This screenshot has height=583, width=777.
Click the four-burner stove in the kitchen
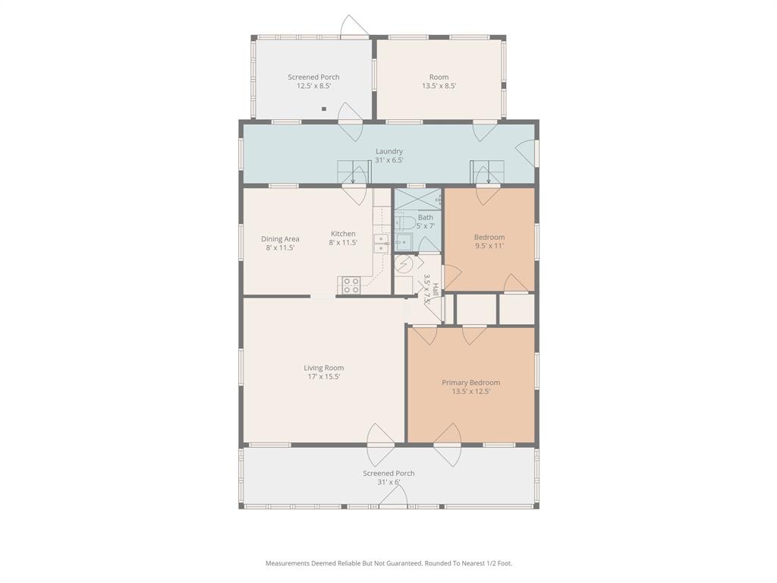pos(351,285)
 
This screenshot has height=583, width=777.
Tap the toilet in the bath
pos(404,222)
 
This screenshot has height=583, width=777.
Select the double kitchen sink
pos(380,244)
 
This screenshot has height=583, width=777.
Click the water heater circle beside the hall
pos(404,264)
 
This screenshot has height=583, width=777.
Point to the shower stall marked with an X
pos(417,200)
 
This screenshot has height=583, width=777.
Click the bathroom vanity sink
pos(402,243)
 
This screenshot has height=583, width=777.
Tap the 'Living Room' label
pos(324,368)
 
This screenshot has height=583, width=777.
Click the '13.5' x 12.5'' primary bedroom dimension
pos(471,392)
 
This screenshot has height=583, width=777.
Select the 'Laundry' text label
pos(388,151)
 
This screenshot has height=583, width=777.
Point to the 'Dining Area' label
pos(280,238)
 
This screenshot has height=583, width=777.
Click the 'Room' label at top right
pos(439,77)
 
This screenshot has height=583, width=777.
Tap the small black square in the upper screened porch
pos(324,109)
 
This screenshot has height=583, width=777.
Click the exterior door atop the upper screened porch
pos(354,27)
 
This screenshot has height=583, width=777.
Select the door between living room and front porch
pos(380,444)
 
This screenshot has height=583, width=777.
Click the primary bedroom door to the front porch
pos(447,444)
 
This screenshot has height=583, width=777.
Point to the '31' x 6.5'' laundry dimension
pos(388,160)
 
